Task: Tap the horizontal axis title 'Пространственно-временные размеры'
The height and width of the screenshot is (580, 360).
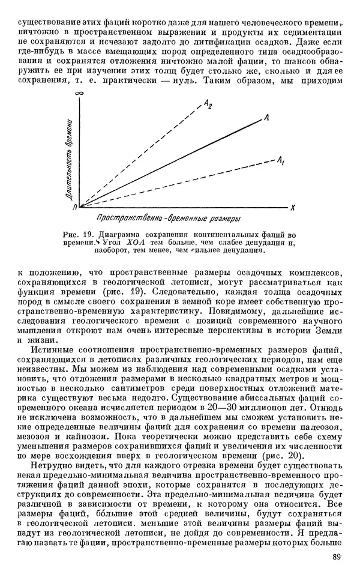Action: pos(167,217)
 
